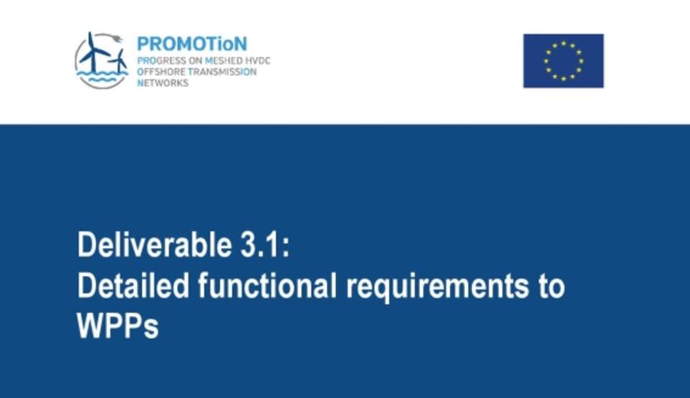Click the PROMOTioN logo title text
(x=193, y=44)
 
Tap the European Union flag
(x=563, y=61)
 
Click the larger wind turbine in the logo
(x=92, y=52)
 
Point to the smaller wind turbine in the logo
(x=118, y=61)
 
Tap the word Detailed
(x=133, y=286)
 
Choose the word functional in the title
(x=267, y=286)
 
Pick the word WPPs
(x=117, y=326)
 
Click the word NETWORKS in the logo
(x=163, y=83)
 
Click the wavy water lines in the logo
(x=102, y=77)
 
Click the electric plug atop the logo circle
(x=117, y=39)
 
